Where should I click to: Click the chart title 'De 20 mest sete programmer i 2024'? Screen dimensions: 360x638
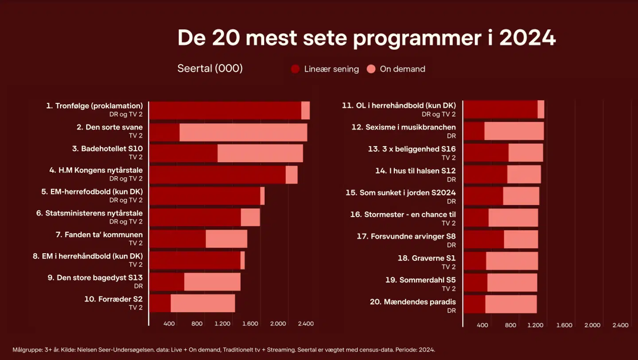(x=366, y=38)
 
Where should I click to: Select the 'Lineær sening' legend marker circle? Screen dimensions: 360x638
(x=296, y=69)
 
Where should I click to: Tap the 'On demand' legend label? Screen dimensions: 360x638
(x=402, y=69)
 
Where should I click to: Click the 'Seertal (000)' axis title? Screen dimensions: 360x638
(x=210, y=69)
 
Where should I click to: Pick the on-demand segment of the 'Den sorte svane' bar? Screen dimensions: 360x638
(x=243, y=132)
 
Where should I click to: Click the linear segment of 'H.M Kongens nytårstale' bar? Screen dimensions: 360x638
(x=217, y=175)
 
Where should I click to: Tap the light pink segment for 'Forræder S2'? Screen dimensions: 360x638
(x=202, y=303)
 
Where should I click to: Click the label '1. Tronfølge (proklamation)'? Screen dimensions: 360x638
(x=94, y=106)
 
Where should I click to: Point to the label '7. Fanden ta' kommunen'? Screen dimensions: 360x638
(x=99, y=235)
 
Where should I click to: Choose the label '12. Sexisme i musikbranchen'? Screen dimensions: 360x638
(x=404, y=127)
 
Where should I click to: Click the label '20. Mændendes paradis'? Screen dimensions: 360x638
(x=412, y=302)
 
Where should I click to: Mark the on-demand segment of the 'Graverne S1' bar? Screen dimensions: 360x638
(x=512, y=261)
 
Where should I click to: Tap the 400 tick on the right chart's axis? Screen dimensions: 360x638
(x=482, y=325)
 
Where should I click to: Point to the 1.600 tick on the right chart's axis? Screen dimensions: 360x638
(x=564, y=325)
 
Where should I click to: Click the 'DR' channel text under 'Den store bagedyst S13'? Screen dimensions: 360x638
(x=138, y=286)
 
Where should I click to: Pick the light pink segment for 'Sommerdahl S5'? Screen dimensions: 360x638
(x=512, y=282)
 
